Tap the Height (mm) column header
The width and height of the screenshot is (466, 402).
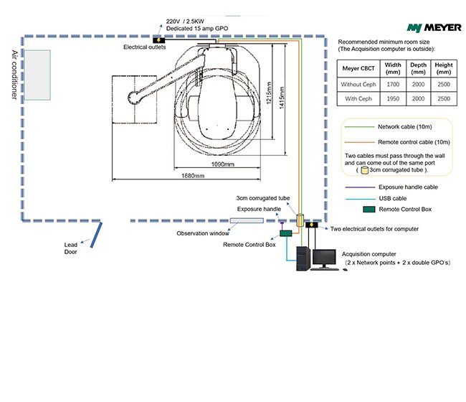point(443,68)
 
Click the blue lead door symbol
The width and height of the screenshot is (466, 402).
point(95,234)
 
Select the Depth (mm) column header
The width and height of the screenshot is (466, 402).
point(418,68)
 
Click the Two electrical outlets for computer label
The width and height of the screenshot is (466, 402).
point(374,229)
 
